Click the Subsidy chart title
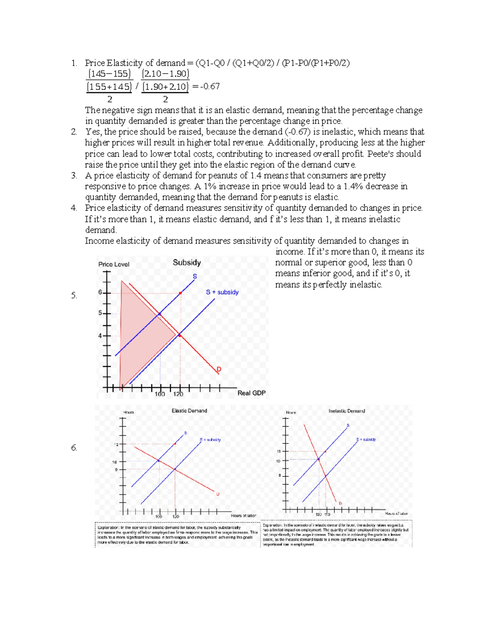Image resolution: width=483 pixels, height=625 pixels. pos(187,263)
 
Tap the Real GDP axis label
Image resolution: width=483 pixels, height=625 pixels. pos(251,393)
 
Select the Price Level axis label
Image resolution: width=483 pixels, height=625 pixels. pos(114,264)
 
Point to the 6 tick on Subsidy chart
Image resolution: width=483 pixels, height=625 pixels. pos(100,293)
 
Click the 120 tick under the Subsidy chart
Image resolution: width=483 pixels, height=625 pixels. pos(178,394)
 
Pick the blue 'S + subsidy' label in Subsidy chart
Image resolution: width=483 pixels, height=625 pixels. pos(222,292)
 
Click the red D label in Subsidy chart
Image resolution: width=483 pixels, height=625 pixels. pos(219,369)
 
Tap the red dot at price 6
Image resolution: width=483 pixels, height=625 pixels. pos(180,293)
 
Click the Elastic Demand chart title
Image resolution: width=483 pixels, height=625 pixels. pos(189,411)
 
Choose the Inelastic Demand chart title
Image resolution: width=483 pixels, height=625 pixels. pos(347,411)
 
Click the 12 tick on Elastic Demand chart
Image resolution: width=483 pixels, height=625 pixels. pos(116,444)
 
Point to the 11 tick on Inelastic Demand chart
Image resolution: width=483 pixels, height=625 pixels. pos(278,452)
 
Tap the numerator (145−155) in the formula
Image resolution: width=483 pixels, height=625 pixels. pos(109,74)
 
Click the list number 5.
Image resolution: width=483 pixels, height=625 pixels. pos(74,295)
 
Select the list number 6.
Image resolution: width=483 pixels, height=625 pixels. pos(74,448)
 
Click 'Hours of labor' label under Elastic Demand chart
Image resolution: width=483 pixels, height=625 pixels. pos(243,516)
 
